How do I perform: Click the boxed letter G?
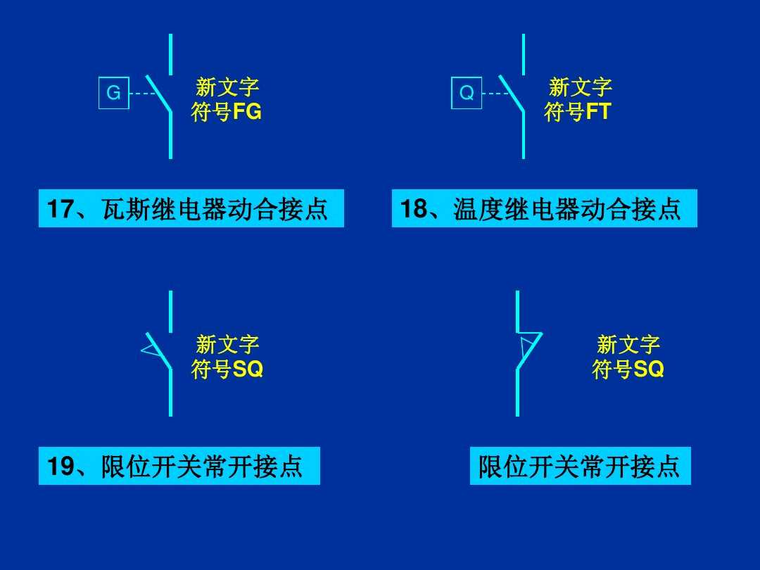(113, 93)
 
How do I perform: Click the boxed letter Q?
(467, 93)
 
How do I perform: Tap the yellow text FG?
(247, 112)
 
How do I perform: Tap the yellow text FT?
(599, 112)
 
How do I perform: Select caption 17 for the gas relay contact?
(191, 209)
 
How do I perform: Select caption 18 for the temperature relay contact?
(544, 209)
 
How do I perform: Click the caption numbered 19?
(179, 466)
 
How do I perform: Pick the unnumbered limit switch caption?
(580, 466)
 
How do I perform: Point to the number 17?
(60, 209)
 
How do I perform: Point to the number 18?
(414, 209)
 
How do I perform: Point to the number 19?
(61, 466)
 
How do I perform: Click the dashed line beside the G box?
(144, 93)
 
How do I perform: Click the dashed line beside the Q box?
(496, 93)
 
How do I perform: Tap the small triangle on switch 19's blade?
(150, 348)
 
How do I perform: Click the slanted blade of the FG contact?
(158, 94)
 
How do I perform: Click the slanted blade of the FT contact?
(512, 94)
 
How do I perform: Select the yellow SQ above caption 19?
(248, 369)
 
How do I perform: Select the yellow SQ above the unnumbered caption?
(649, 369)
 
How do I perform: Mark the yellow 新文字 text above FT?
(581, 88)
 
